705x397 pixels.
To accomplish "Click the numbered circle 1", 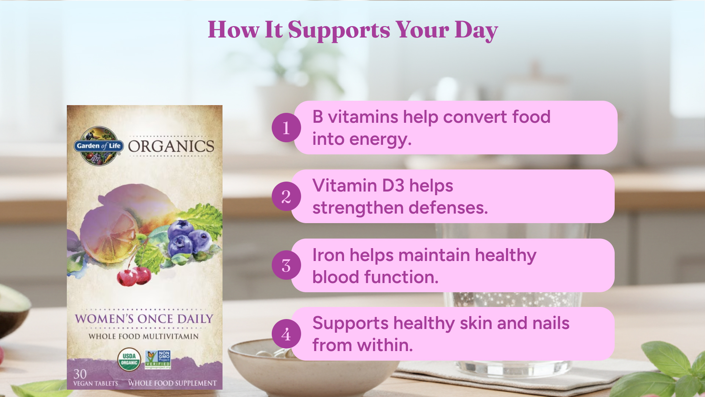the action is pyautogui.click(x=286, y=128).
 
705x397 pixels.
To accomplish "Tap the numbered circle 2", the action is pyautogui.click(x=286, y=196).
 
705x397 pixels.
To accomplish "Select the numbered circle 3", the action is pyautogui.click(x=286, y=265).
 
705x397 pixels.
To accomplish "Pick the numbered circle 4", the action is pyautogui.click(x=286, y=334).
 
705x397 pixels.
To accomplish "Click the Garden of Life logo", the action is pyautogui.click(x=99, y=146).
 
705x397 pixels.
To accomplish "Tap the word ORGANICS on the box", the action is pyautogui.click(x=171, y=146).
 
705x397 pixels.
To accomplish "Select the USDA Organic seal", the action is pyautogui.click(x=129, y=360).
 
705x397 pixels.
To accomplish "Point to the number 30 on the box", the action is pyautogui.click(x=80, y=374).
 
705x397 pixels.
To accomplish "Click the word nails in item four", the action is pyautogui.click(x=551, y=323).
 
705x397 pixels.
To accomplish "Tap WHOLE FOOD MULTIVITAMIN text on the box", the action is pyautogui.click(x=144, y=336).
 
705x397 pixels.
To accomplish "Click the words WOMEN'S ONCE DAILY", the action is pyautogui.click(x=144, y=319).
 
